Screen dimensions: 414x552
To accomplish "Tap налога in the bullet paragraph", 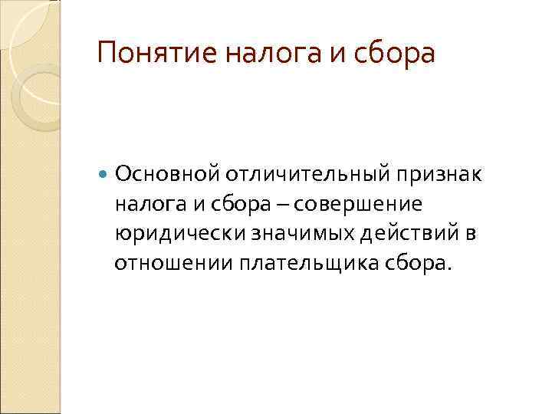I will [143, 205].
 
